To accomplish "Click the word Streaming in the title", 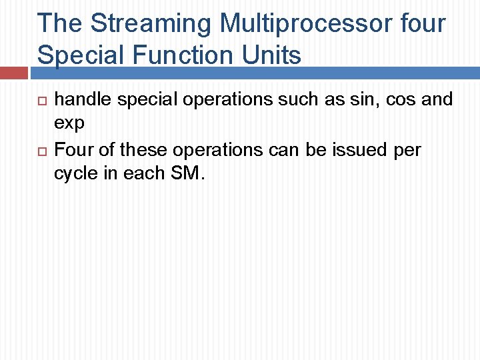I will (x=151, y=23).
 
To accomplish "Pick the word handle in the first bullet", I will (x=79, y=100).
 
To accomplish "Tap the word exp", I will (x=69, y=125).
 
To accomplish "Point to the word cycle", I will (x=77, y=174).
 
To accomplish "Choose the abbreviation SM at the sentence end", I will (x=186, y=174).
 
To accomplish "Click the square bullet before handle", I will (x=41, y=101).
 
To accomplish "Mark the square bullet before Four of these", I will (x=41, y=151).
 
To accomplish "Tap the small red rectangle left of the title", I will (x=14, y=73).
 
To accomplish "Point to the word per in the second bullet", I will (x=408, y=150).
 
